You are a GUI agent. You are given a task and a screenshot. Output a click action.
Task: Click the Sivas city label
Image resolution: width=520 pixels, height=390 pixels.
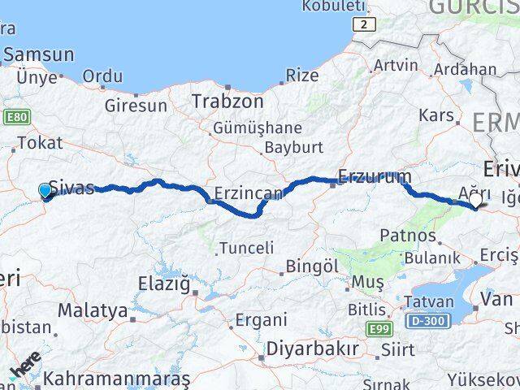click(71, 188)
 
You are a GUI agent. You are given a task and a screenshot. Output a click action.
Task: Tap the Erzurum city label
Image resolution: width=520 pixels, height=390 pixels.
click(375, 175)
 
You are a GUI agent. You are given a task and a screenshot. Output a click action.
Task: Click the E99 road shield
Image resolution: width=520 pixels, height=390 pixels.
click(378, 329)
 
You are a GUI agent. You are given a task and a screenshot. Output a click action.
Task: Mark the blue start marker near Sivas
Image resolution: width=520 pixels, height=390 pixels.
click(45, 190)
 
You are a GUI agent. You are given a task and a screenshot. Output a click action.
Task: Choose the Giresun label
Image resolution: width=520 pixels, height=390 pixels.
click(136, 106)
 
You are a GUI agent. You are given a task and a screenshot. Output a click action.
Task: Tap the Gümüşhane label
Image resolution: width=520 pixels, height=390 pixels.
click(257, 128)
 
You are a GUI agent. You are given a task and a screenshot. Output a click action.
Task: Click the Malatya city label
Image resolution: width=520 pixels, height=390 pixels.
click(93, 310)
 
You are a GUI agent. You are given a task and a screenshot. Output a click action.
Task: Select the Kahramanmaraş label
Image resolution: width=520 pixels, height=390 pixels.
click(116, 379)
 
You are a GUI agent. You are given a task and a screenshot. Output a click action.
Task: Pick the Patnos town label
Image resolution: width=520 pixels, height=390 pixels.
click(408, 236)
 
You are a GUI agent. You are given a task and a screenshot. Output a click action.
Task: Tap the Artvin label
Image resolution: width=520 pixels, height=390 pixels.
click(396, 65)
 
